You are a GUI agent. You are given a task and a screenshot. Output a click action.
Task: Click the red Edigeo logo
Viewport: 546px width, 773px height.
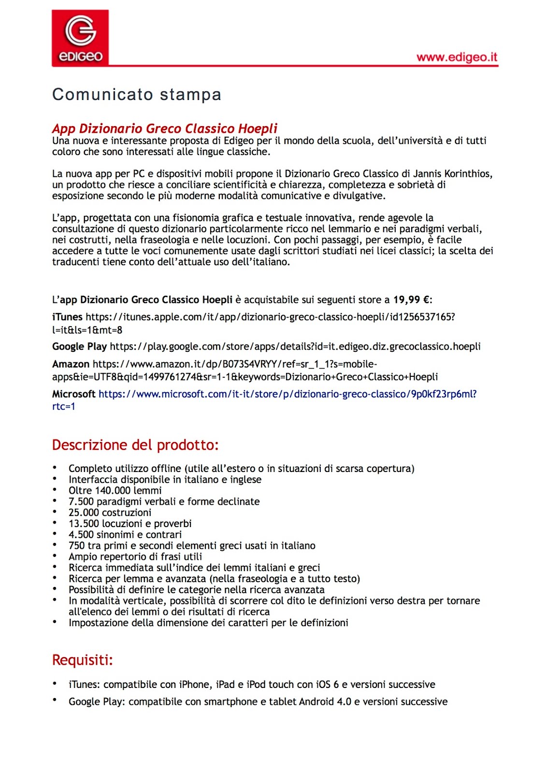(x=80, y=38)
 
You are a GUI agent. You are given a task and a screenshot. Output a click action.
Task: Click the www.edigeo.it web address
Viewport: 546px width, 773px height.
(x=457, y=57)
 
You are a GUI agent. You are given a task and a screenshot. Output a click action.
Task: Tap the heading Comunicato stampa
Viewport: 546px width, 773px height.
(x=137, y=94)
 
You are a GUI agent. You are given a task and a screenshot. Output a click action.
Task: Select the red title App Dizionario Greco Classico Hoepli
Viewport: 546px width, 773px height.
(x=165, y=129)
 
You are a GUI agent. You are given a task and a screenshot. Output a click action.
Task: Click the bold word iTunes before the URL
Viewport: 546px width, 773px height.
(x=67, y=317)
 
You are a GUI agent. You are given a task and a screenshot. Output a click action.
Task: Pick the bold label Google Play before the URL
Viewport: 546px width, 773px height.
(x=79, y=346)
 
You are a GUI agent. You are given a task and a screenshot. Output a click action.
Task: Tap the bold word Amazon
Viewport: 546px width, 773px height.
(x=71, y=364)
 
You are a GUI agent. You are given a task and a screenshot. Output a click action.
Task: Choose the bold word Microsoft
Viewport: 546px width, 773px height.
(x=73, y=394)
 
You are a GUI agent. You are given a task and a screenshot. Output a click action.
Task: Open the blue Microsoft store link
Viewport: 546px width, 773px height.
(x=287, y=394)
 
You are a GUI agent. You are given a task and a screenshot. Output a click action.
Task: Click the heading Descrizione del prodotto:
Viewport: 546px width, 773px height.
(x=135, y=445)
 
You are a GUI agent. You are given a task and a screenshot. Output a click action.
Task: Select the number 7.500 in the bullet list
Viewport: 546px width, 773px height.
(x=81, y=502)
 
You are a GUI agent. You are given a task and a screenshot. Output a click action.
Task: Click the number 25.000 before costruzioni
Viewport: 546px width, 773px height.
(x=84, y=513)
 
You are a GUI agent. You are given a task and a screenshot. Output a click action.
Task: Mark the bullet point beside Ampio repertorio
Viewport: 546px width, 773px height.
(x=55, y=556)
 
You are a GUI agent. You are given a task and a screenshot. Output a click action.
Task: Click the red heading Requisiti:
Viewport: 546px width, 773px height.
(x=82, y=660)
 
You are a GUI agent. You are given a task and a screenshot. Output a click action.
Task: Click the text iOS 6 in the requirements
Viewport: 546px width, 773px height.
(x=327, y=685)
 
